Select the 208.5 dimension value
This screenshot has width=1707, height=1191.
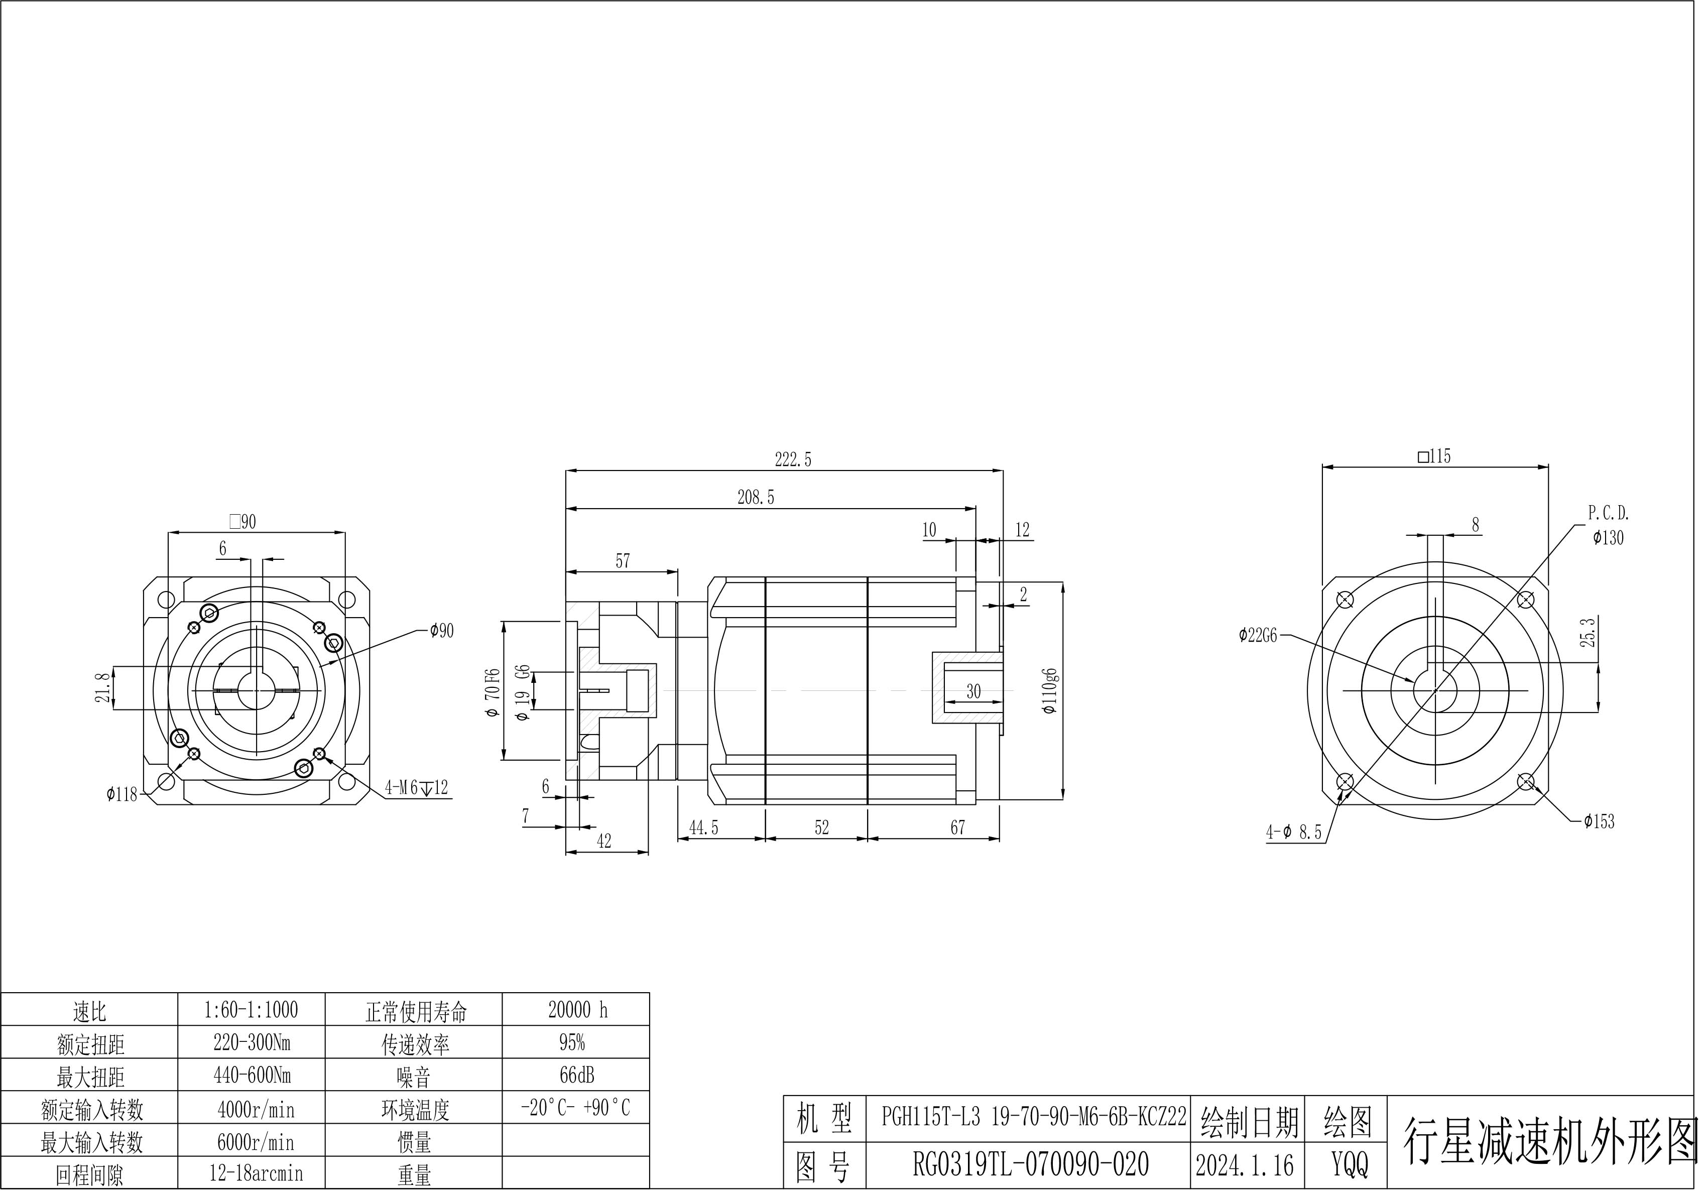point(756,498)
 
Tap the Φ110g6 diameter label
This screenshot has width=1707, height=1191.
point(1050,691)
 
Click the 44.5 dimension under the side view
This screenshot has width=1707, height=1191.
point(703,827)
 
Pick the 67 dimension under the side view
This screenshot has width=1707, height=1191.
point(957,827)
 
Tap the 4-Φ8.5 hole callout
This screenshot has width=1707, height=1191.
point(1294,832)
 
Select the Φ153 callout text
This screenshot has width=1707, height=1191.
point(1599,821)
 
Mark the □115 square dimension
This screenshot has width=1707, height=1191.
point(1435,456)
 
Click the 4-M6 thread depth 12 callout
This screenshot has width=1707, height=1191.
point(416,788)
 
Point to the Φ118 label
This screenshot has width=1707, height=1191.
point(122,795)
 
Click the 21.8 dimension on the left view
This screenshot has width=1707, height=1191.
point(104,687)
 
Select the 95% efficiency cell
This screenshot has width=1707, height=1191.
point(572,1043)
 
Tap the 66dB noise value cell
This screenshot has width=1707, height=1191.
point(577,1076)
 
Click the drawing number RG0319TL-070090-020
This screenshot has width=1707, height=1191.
point(1030,1165)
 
